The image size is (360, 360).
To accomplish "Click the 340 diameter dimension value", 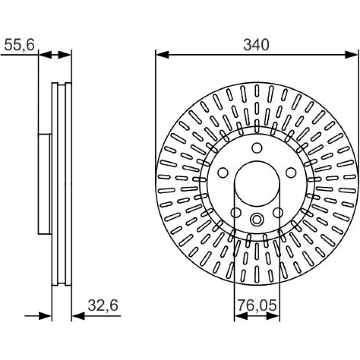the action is pyautogui.click(x=256, y=45).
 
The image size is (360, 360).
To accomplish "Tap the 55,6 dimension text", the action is pyautogui.click(x=19, y=44).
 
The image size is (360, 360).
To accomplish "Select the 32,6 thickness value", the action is pyautogui.click(x=103, y=305).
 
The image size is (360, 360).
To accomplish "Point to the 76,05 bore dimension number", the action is pyautogui.click(x=257, y=305).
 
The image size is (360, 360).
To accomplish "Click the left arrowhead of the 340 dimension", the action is pyautogui.click(x=162, y=55).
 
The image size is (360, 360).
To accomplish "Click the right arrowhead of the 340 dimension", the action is pyautogui.click(x=351, y=55).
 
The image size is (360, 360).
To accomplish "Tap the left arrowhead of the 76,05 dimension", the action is pyautogui.click(x=241, y=316).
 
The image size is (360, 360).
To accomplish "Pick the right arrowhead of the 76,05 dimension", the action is pyautogui.click(x=273, y=316).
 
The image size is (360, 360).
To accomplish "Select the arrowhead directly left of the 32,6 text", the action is pyautogui.click(x=78, y=316).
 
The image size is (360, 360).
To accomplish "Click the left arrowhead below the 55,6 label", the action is pyautogui.click(x=45, y=55).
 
